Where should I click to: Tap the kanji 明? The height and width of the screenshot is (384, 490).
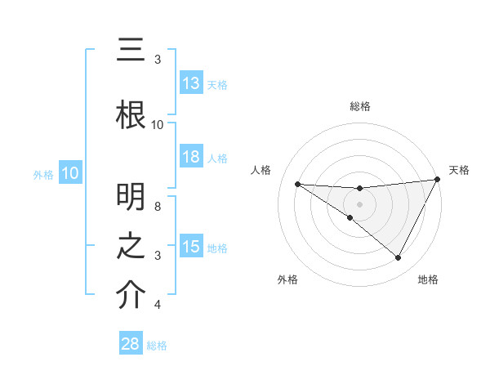click(x=131, y=197)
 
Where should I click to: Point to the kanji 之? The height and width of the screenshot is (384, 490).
click(x=131, y=246)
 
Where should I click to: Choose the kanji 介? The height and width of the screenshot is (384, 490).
click(x=131, y=295)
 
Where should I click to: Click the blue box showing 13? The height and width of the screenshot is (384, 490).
click(x=190, y=83)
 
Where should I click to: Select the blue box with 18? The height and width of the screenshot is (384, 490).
click(x=190, y=157)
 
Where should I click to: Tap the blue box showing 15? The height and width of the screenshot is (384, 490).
click(x=190, y=247)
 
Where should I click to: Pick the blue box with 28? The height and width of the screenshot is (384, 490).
click(x=131, y=344)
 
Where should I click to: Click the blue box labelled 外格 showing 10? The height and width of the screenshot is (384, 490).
click(x=69, y=173)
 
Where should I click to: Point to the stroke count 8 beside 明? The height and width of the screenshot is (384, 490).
click(x=158, y=207)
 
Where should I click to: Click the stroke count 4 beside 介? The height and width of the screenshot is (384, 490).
click(x=158, y=305)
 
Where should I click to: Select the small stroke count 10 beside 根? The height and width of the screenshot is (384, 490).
click(x=158, y=125)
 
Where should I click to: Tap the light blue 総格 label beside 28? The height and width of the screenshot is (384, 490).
click(x=157, y=346)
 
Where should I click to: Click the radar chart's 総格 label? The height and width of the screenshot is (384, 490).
click(x=359, y=106)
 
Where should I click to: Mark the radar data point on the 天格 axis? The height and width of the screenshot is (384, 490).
click(x=437, y=179)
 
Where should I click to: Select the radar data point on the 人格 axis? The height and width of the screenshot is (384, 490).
click(x=297, y=184)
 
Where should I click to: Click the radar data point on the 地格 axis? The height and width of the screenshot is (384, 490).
click(x=399, y=258)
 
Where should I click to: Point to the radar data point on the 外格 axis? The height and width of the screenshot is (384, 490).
click(x=350, y=217)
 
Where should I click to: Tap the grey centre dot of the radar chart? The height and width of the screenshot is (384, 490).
click(x=359, y=203)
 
